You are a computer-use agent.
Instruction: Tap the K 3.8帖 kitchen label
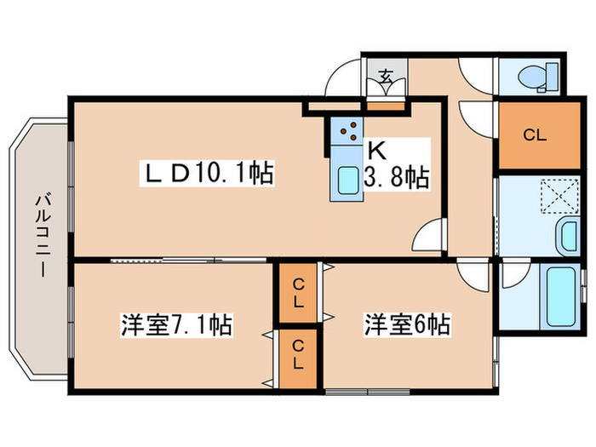tap(397, 165)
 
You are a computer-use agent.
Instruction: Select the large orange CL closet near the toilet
tap(533, 135)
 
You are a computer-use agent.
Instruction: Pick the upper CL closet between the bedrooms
tap(298, 293)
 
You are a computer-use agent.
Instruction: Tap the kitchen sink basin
tap(348, 181)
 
